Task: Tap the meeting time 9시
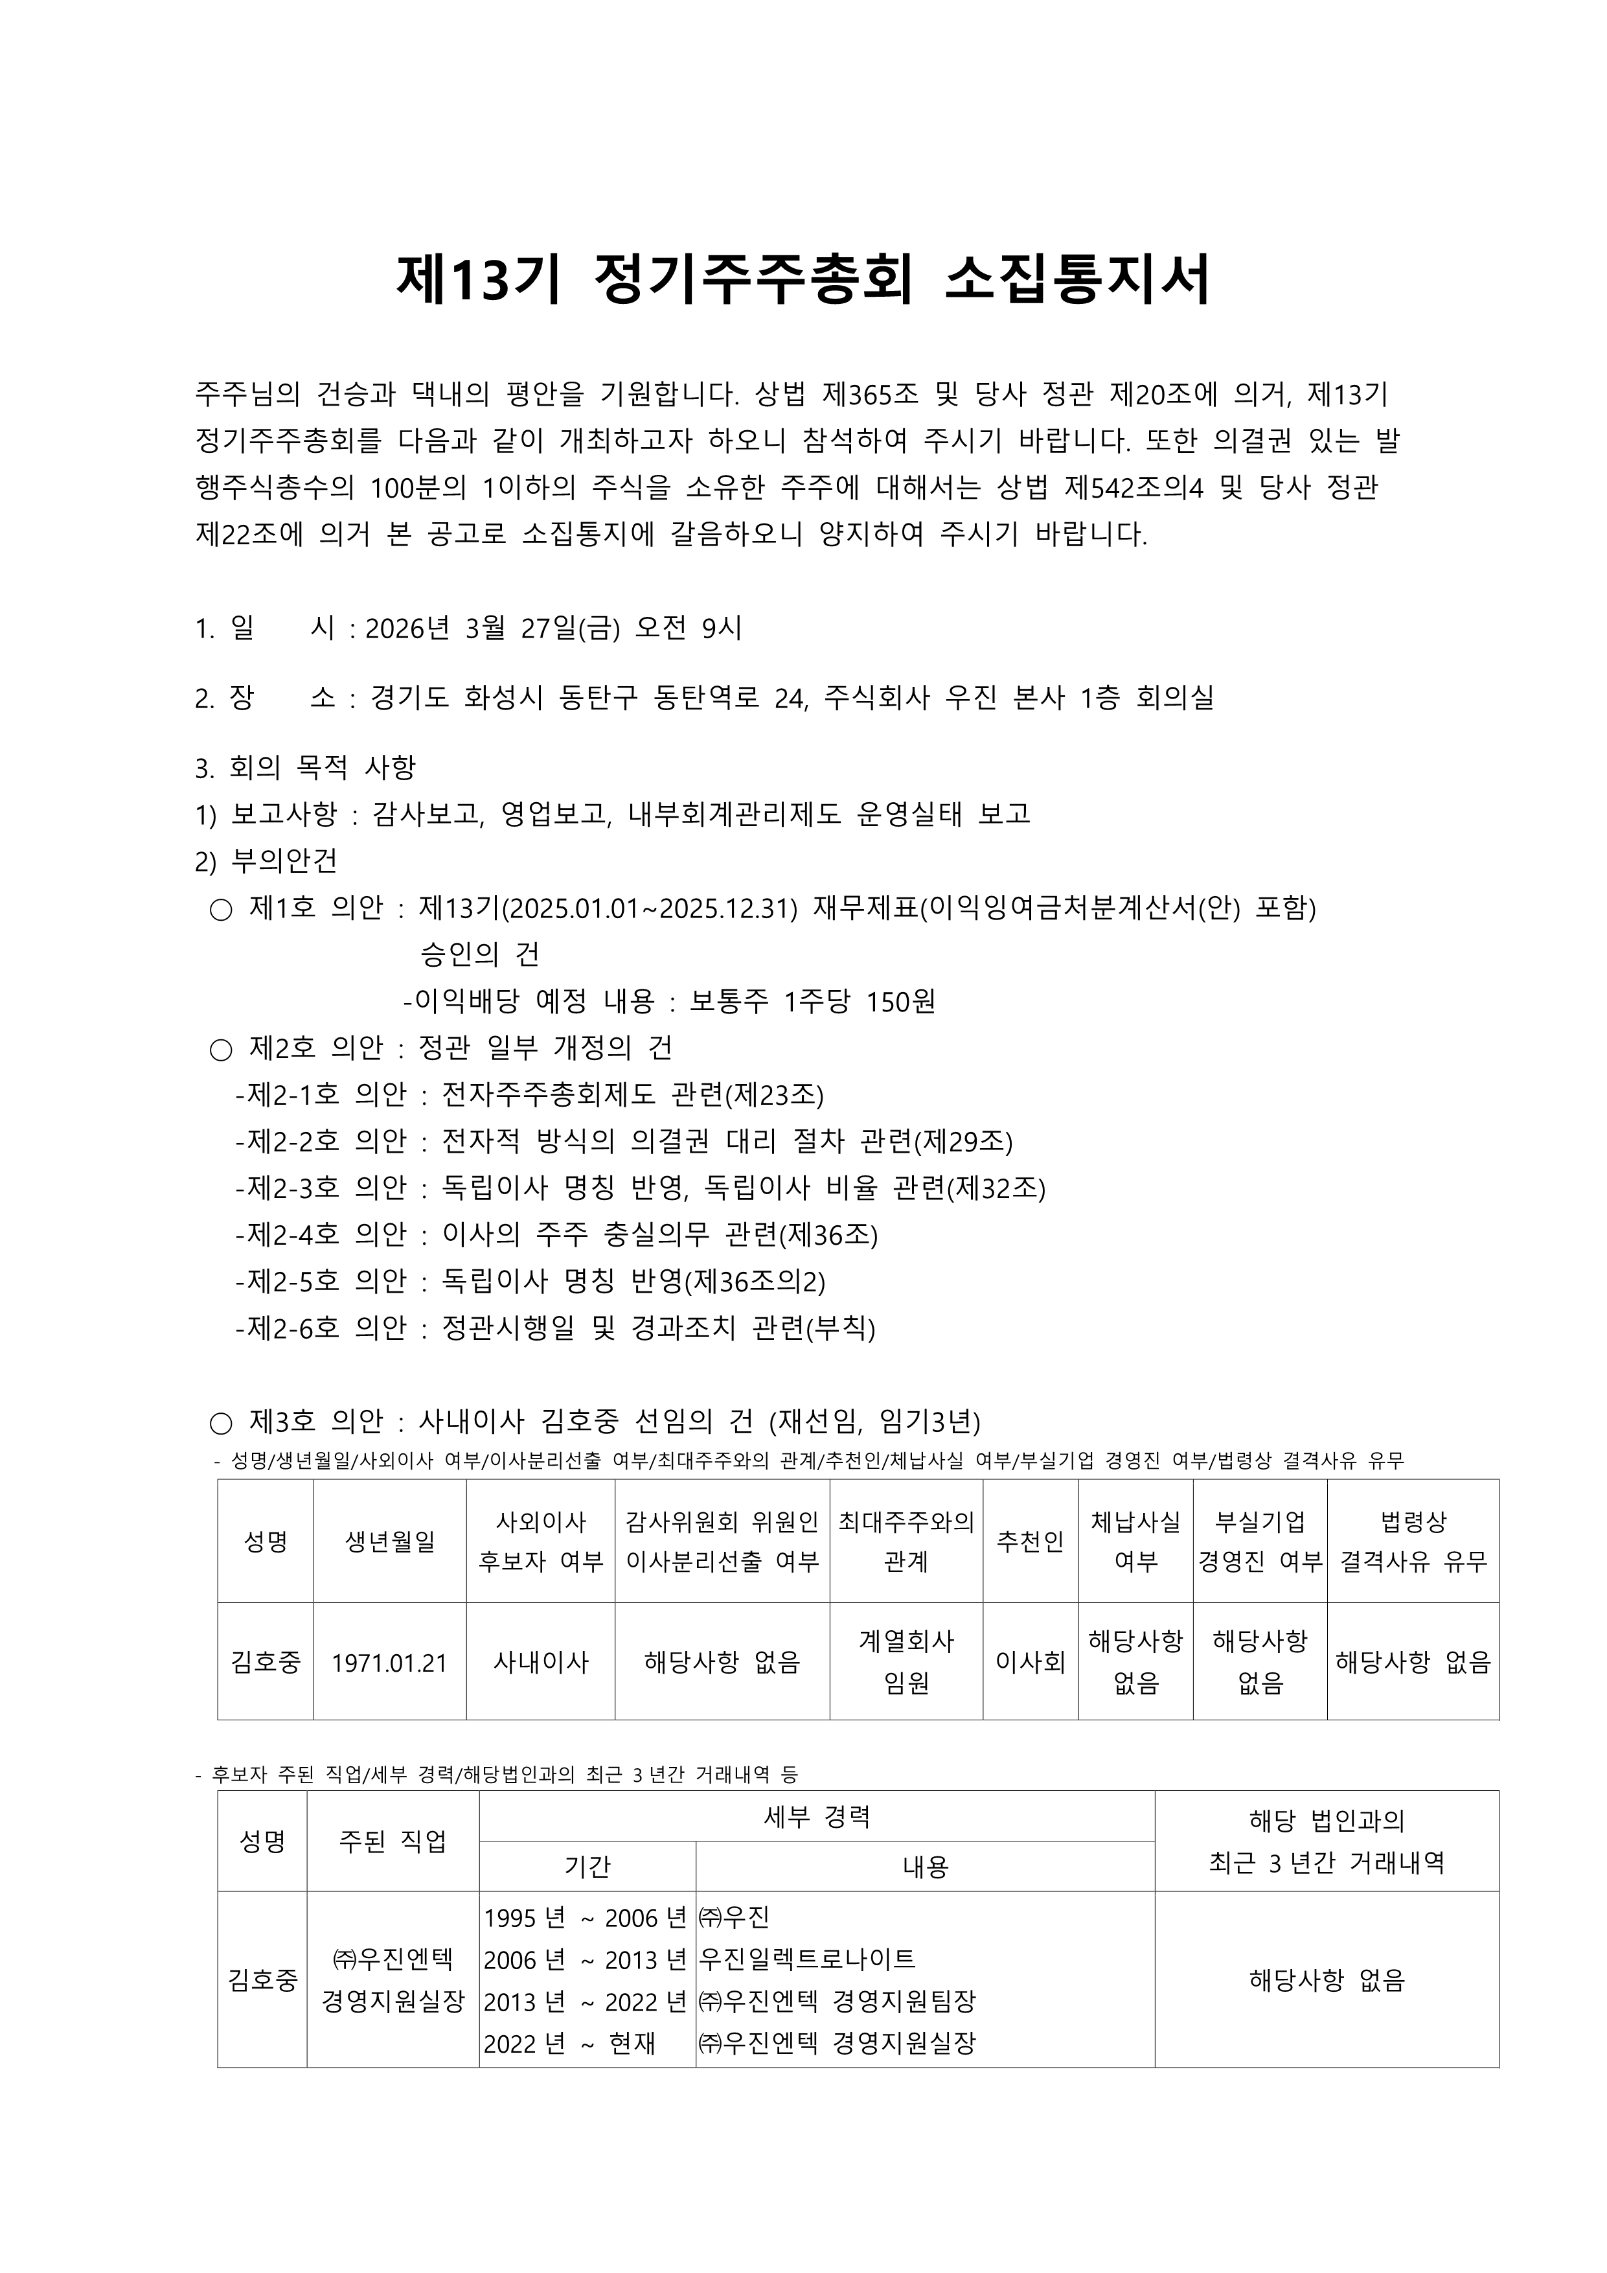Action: click(x=722, y=629)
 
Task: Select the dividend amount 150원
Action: click(x=900, y=1003)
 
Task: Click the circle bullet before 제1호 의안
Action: click(x=221, y=910)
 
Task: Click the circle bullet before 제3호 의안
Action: click(x=221, y=1424)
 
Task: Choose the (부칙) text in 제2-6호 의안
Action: click(x=841, y=1328)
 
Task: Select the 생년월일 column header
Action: click(x=390, y=1541)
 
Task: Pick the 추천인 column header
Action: click(x=1030, y=1541)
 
